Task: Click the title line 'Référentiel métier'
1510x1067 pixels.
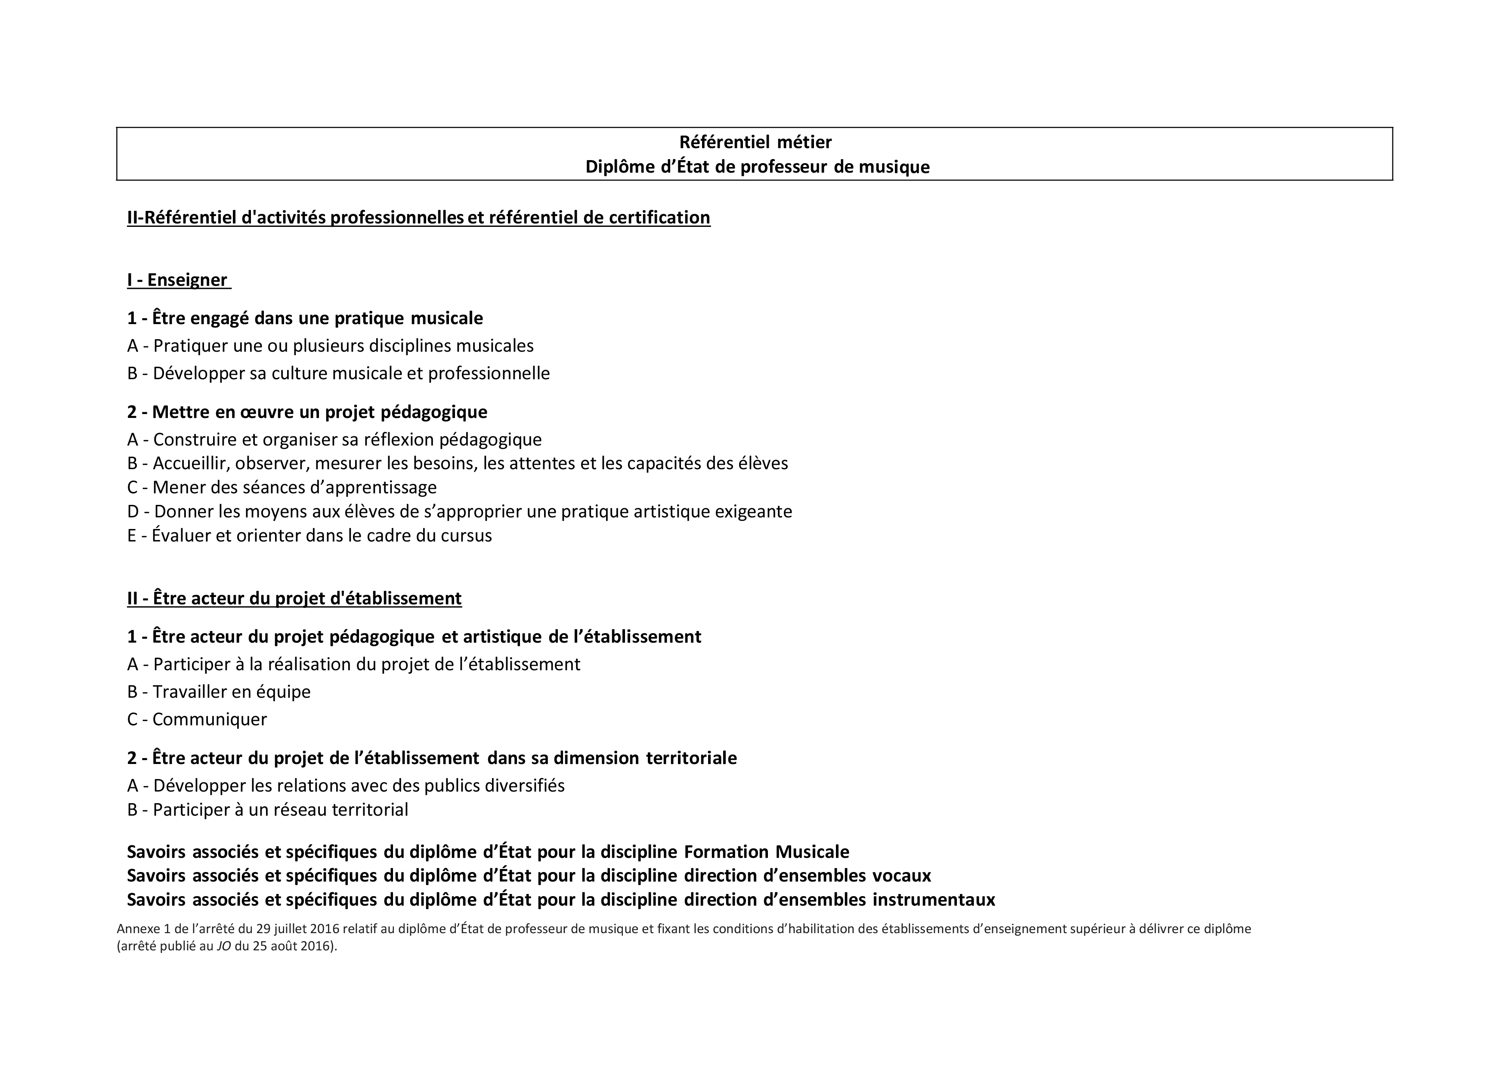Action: click(755, 142)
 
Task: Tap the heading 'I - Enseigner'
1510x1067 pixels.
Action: click(178, 280)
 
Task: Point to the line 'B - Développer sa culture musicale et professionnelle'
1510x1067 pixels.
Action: click(338, 374)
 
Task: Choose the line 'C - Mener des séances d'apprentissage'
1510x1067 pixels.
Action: click(282, 488)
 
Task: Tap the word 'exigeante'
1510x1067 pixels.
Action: click(753, 511)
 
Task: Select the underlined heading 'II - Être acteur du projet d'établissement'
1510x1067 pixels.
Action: click(294, 598)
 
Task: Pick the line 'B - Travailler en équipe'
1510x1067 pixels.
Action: click(218, 692)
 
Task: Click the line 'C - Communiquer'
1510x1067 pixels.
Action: click(197, 719)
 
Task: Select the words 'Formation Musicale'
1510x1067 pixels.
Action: click(766, 852)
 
